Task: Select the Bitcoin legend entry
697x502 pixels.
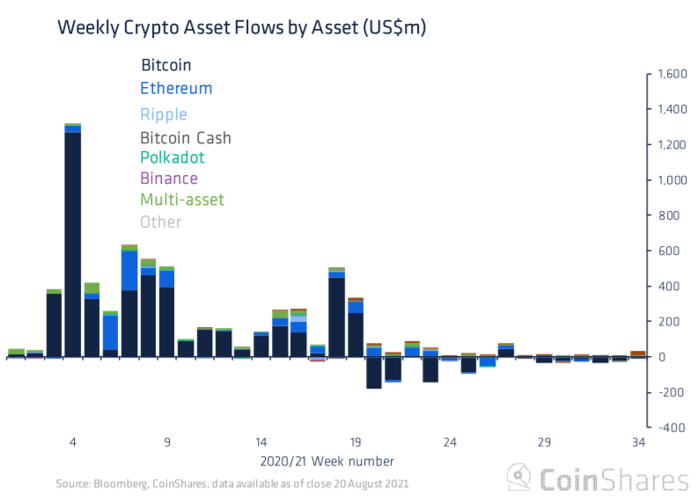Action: point(166,65)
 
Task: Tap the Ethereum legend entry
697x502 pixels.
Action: point(176,88)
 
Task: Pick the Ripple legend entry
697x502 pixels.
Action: point(164,114)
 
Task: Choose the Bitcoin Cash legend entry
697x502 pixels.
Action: point(186,138)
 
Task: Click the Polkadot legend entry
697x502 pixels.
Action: point(172,157)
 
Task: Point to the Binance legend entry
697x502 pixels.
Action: point(169,178)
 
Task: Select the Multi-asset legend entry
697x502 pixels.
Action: point(182,200)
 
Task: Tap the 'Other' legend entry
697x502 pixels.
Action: point(160,222)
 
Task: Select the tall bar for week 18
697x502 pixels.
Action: point(336,316)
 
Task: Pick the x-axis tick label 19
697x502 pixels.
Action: point(356,442)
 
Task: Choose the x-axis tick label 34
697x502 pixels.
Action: point(639,442)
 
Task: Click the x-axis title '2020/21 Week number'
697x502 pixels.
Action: point(326,461)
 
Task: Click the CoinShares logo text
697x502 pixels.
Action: point(613,480)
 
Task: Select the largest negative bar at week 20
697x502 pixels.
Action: point(374,373)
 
